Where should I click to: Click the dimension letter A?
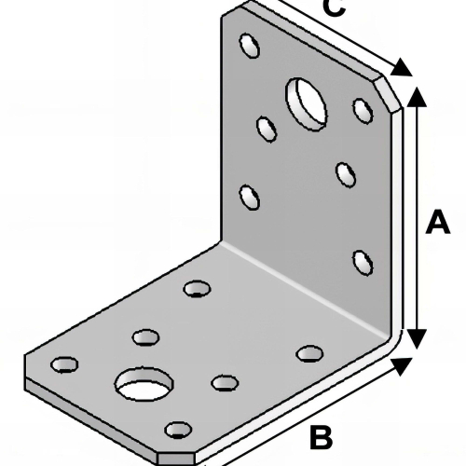point(438,222)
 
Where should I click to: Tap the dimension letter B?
point(321,437)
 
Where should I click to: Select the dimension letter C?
point(334,7)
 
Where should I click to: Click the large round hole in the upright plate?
point(307,103)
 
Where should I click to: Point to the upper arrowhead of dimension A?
point(417,96)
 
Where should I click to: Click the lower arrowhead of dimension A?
point(417,339)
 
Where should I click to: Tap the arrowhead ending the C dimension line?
point(402,67)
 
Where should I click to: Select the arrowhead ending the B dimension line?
point(402,366)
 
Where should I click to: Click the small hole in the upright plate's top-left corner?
point(250,46)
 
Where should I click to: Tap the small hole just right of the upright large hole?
point(363,111)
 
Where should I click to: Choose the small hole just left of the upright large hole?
point(267,130)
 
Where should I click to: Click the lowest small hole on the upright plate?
point(363,263)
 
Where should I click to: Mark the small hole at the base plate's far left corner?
point(64,364)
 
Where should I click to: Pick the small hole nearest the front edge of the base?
point(178,430)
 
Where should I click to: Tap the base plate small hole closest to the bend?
point(309,353)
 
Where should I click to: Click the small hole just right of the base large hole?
point(225,383)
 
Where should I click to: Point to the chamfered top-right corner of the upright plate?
point(388,94)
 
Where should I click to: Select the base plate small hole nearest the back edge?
point(198,289)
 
